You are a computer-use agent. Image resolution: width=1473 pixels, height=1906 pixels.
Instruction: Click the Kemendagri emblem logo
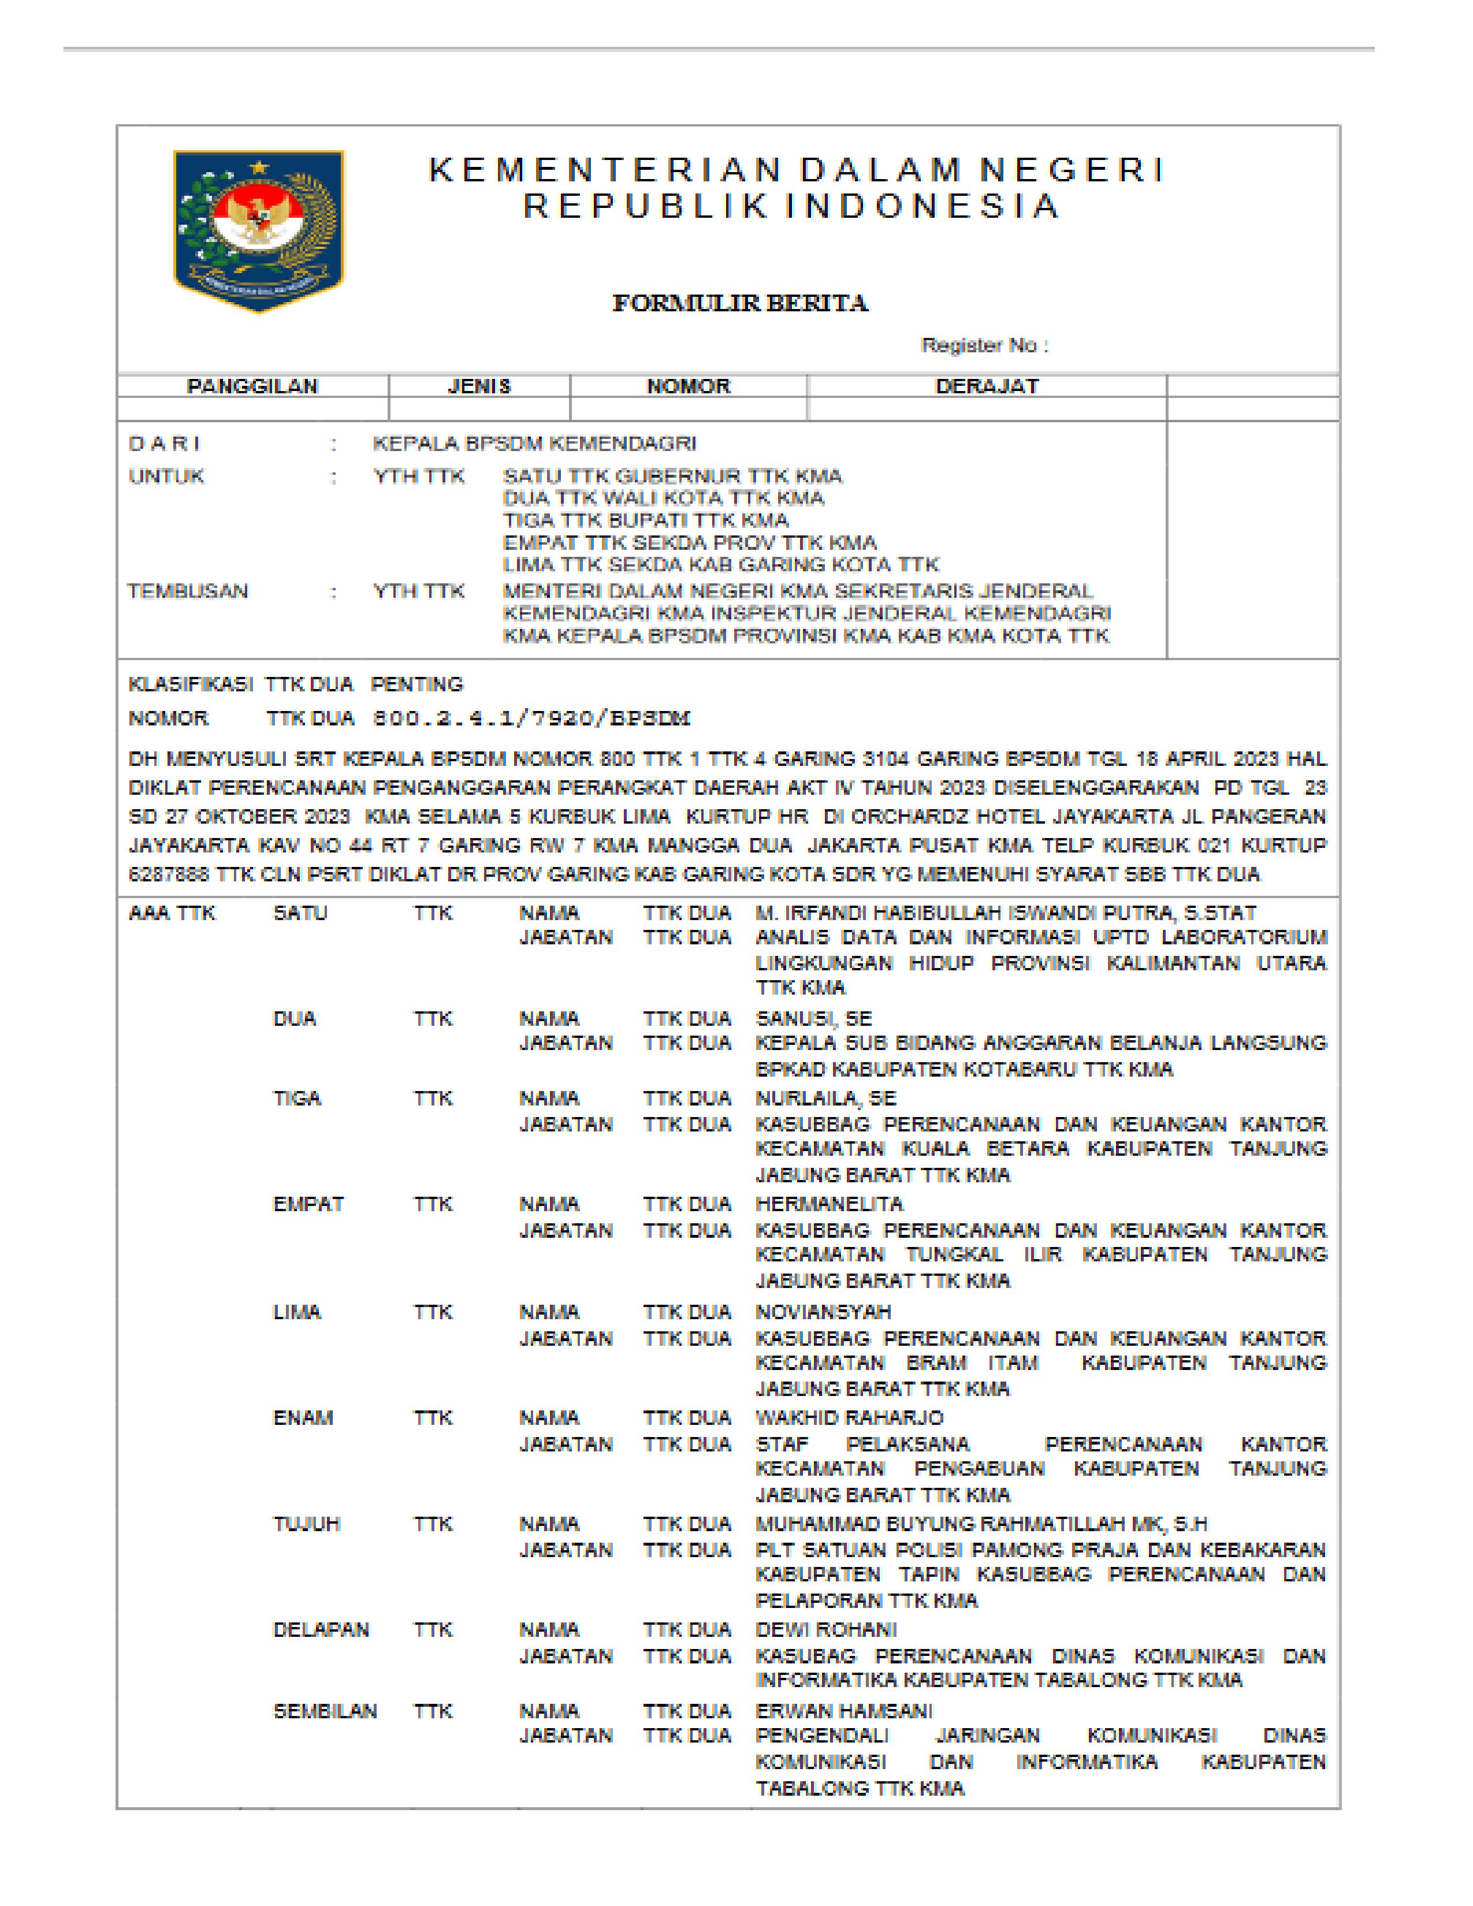(x=258, y=229)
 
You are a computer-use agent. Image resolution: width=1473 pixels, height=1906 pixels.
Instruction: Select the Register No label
(x=984, y=345)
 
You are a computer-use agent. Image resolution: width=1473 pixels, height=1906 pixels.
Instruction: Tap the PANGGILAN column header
(x=252, y=386)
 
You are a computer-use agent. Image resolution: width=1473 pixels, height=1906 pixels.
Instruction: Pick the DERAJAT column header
(x=987, y=386)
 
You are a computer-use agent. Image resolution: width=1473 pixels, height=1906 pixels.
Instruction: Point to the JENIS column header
(x=479, y=386)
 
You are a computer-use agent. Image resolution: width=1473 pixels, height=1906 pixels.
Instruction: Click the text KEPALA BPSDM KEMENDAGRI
(x=534, y=444)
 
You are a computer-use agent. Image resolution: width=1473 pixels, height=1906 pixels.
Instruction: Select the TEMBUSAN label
(x=188, y=591)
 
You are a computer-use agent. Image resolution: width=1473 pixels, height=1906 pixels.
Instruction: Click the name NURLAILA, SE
(x=825, y=1098)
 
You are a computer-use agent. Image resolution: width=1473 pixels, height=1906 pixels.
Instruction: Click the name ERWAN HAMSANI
(x=843, y=1711)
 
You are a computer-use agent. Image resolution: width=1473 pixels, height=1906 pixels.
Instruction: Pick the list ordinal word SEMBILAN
(x=325, y=1711)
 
